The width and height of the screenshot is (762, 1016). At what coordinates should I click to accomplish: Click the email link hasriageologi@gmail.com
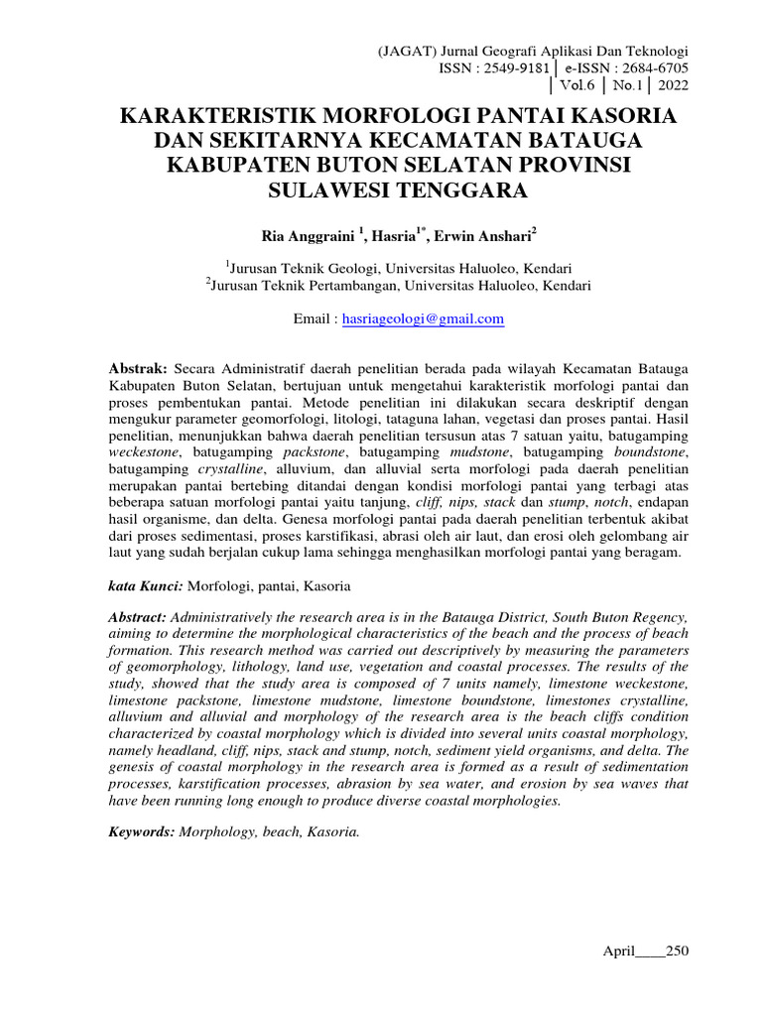coord(423,318)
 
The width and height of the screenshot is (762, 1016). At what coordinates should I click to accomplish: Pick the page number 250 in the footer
coord(677,951)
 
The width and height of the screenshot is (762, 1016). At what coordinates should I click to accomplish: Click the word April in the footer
coord(619,951)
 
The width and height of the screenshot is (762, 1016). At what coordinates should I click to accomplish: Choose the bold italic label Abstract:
coord(140,616)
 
